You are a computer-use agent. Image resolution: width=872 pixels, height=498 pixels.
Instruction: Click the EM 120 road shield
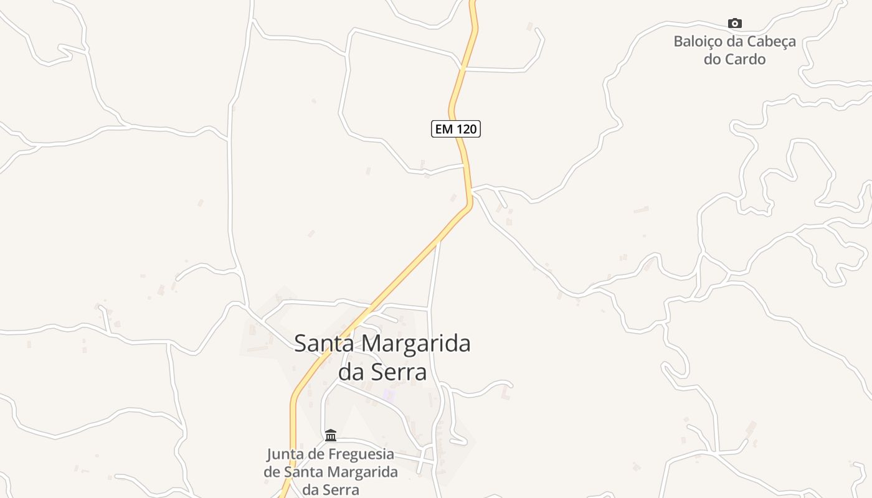[x=456, y=129]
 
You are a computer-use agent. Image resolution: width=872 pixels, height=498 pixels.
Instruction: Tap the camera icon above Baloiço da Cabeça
[x=735, y=24]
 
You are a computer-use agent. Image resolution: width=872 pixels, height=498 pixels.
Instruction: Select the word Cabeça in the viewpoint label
[x=773, y=42]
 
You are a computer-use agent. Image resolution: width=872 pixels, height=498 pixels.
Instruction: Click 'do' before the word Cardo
[x=712, y=59]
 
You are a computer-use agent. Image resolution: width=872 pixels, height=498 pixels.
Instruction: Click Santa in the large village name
[x=323, y=343]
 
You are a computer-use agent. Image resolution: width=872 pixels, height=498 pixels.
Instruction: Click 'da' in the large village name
[x=350, y=372]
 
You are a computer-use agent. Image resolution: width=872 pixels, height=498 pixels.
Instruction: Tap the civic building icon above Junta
[x=331, y=435]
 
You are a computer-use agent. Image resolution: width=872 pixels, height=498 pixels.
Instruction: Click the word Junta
[x=285, y=454]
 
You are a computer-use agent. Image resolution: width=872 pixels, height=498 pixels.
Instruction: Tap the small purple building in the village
[x=389, y=395]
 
